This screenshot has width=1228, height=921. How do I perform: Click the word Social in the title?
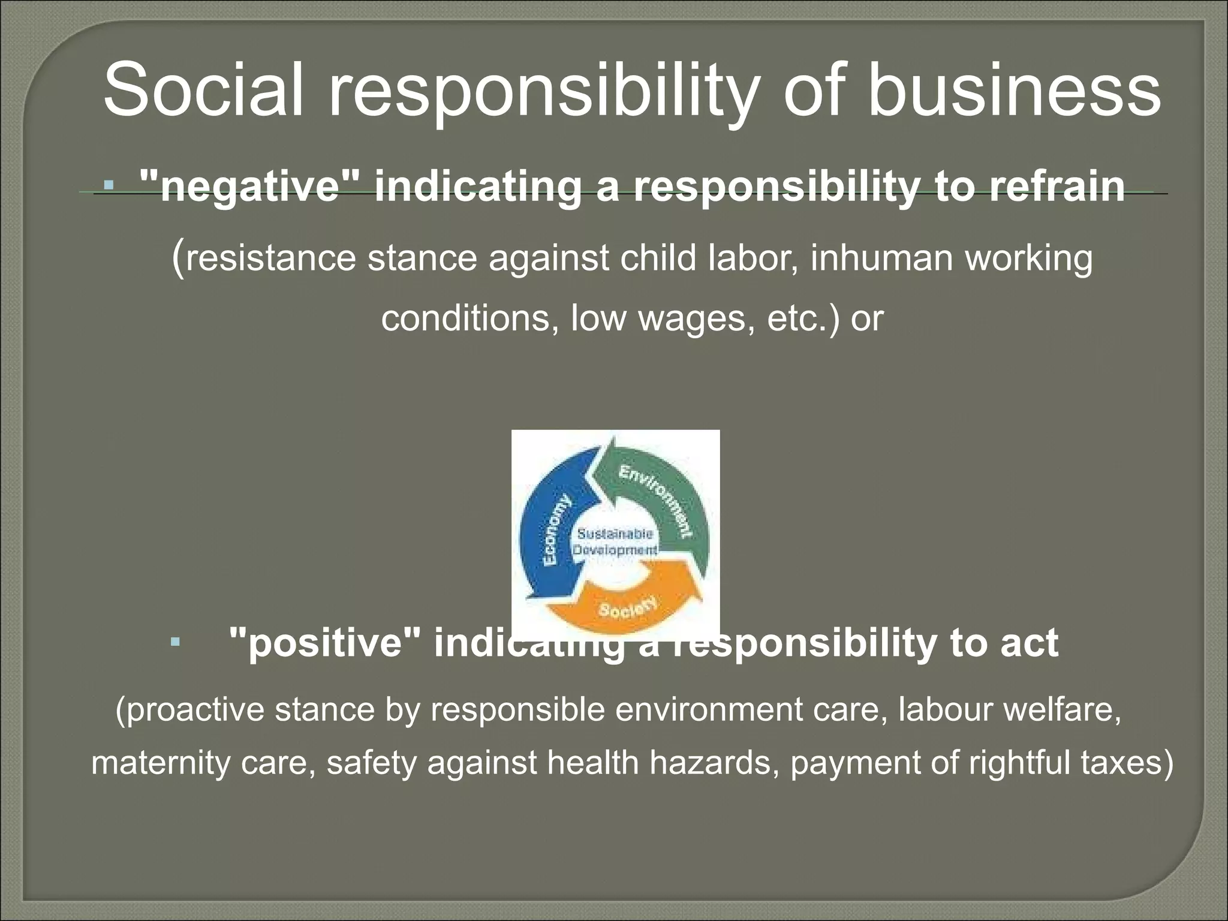click(203, 92)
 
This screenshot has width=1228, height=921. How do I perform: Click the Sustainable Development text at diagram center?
click(615, 541)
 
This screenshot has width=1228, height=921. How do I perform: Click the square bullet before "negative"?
click(109, 186)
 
